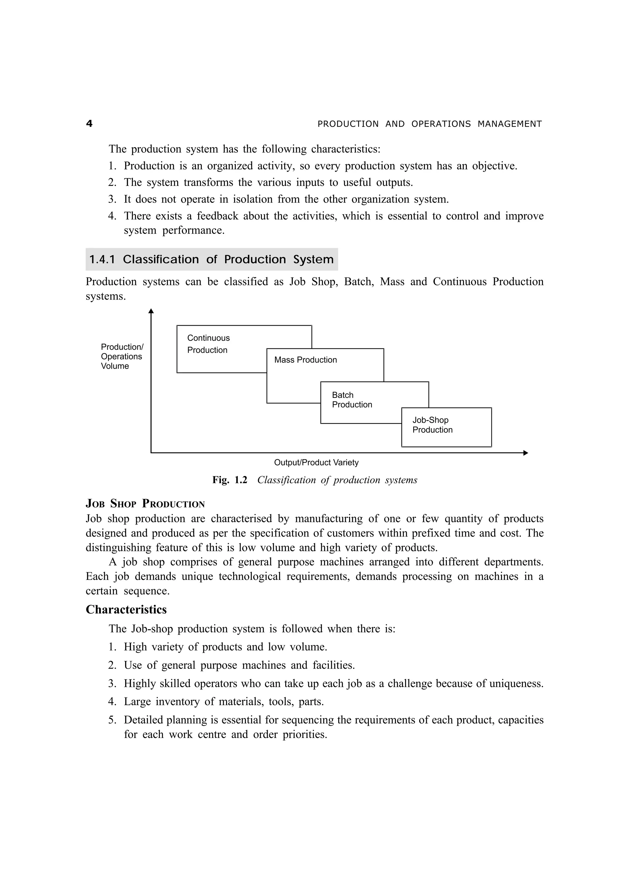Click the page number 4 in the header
coord(89,124)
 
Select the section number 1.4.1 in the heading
coord(102,259)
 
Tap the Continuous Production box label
coord(208,344)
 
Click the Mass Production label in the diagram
coord(306,360)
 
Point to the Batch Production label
coord(352,400)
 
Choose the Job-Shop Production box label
coord(432,425)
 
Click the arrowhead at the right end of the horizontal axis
coord(526,453)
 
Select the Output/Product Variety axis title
coord(316,463)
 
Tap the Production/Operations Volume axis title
coord(122,356)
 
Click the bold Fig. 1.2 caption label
coord(229,480)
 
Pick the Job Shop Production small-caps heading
coord(145,504)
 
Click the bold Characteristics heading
coord(126,610)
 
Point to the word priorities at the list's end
coord(304,734)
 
